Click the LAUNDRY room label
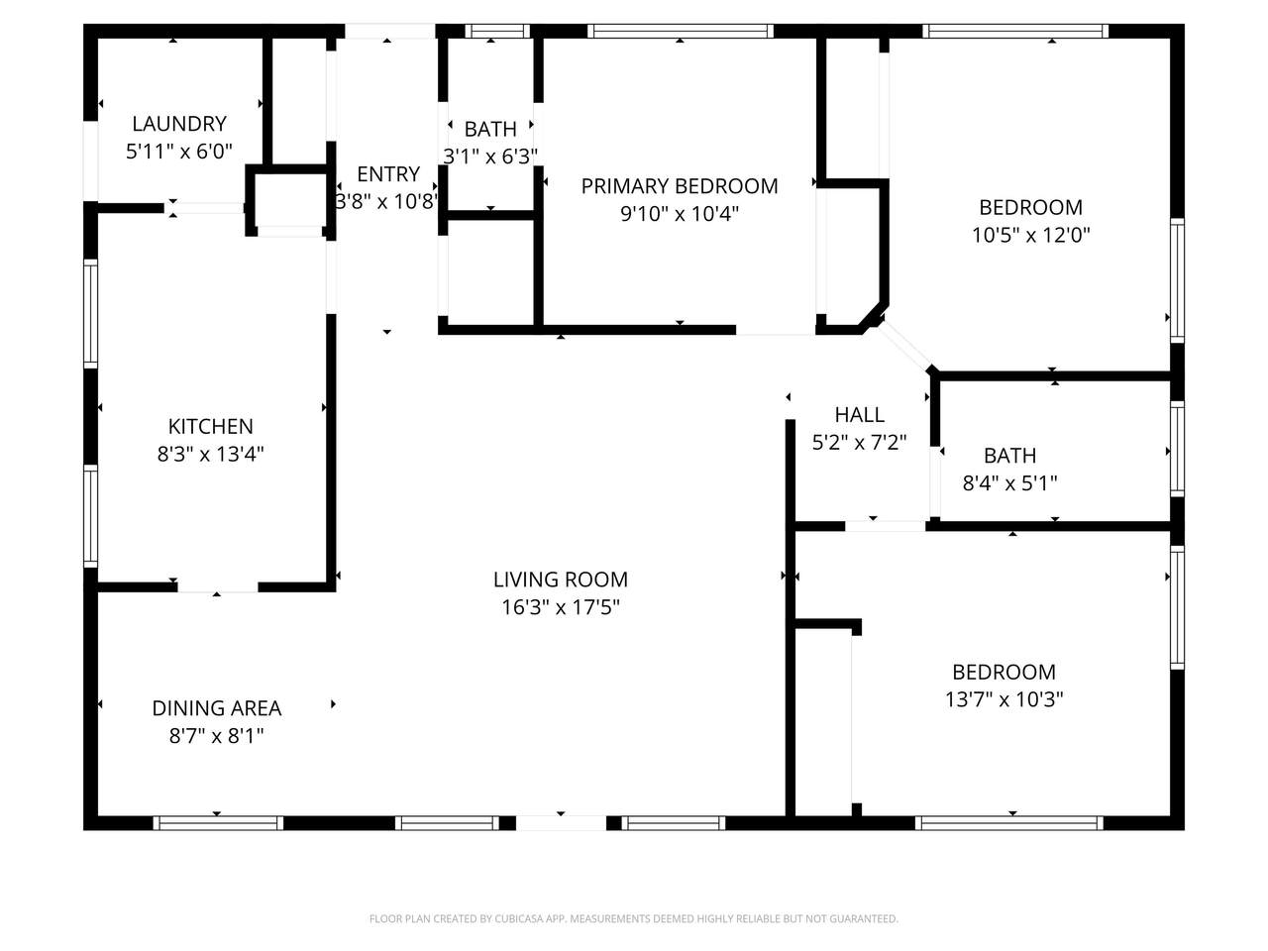(179, 124)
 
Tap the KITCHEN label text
(211, 426)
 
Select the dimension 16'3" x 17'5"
(561, 607)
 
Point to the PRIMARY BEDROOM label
(680, 186)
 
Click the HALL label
(859, 415)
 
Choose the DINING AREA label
(217, 708)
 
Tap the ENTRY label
(388, 173)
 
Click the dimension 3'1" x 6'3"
(490, 156)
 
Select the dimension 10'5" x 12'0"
(1030, 235)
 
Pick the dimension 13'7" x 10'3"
(1004, 699)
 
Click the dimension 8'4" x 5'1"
(1009, 482)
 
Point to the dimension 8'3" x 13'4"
(211, 454)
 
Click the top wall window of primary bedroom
(680, 31)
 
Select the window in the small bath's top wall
(497, 31)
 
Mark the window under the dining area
(218, 823)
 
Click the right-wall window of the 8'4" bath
(1177, 449)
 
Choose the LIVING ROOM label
(561, 580)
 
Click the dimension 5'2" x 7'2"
(859, 442)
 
